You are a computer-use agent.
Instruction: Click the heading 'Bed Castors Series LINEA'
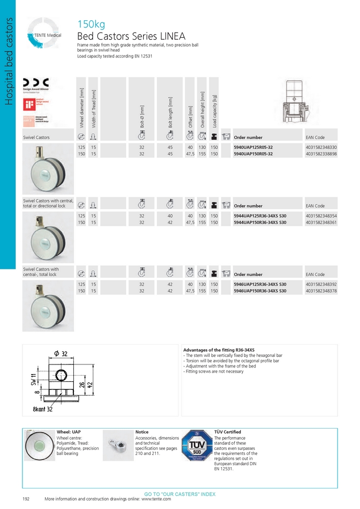click(x=131, y=37)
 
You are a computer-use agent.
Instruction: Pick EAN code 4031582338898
click(x=321, y=154)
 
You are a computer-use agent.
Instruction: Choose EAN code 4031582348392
click(x=321, y=284)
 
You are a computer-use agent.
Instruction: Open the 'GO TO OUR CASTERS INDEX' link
click(x=180, y=494)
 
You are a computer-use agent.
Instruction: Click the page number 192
click(x=26, y=499)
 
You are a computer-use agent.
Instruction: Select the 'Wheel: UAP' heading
click(x=69, y=432)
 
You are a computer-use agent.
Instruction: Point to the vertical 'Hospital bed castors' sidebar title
click(x=8, y=61)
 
